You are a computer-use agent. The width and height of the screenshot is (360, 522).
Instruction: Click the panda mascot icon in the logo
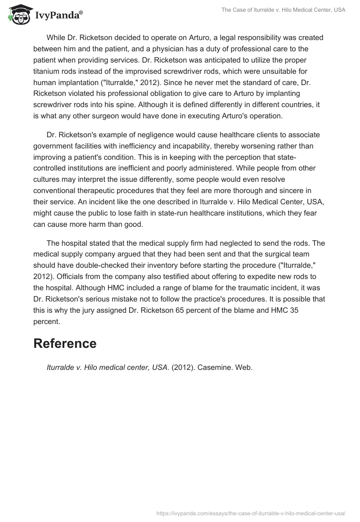point(17,14)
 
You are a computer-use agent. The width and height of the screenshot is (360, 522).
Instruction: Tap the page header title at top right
point(283,10)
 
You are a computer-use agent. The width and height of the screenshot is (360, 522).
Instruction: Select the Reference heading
point(65,343)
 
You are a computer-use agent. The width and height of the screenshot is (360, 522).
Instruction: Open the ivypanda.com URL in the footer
point(251,513)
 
